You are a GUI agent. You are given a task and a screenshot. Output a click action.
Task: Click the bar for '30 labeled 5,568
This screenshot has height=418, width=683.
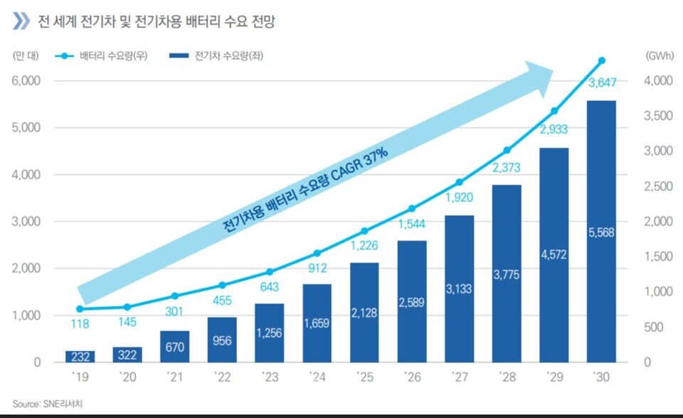tap(601, 231)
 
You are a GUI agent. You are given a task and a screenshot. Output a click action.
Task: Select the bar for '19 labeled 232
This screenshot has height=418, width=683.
tap(80, 356)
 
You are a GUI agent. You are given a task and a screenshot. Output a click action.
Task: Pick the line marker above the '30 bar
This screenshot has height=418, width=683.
tap(601, 61)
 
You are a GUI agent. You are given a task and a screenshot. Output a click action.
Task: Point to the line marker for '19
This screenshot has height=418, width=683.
tap(80, 309)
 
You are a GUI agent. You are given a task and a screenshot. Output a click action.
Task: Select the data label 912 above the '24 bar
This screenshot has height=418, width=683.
tap(317, 269)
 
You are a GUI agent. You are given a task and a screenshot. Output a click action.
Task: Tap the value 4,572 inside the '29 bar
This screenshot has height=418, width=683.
tap(554, 254)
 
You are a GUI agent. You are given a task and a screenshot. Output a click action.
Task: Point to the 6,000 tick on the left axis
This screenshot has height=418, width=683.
tap(26, 81)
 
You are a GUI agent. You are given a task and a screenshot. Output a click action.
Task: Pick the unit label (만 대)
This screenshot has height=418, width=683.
tap(26, 55)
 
